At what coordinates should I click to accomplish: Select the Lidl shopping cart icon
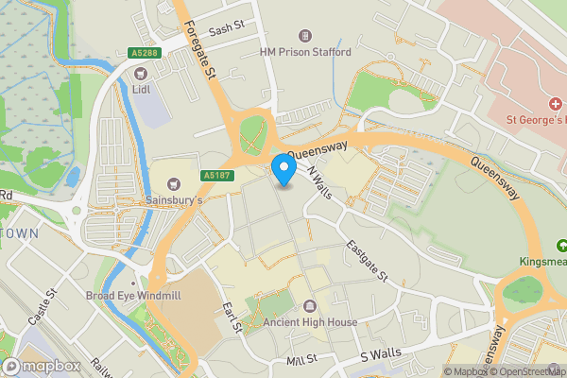[140, 72]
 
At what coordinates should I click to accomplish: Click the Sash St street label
[226, 29]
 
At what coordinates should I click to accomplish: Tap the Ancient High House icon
[310, 306]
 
